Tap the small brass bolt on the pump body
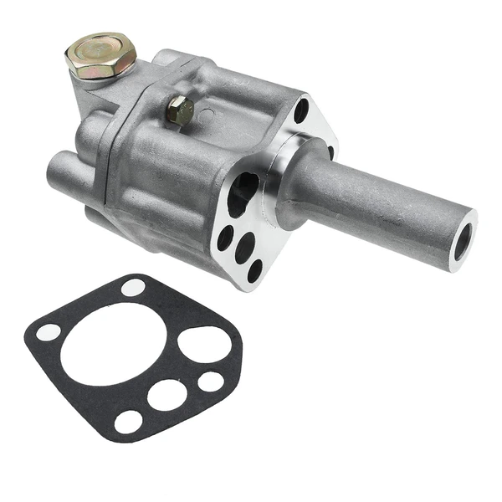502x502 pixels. [179, 109]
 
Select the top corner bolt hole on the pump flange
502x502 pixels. [300, 110]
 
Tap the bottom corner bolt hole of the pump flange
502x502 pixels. [255, 270]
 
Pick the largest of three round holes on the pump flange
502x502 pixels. [245, 245]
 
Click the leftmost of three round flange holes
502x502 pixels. [225, 238]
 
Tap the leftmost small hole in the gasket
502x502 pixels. [48, 332]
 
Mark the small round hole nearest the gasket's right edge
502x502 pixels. [210, 382]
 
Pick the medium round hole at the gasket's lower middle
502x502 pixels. [166, 394]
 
